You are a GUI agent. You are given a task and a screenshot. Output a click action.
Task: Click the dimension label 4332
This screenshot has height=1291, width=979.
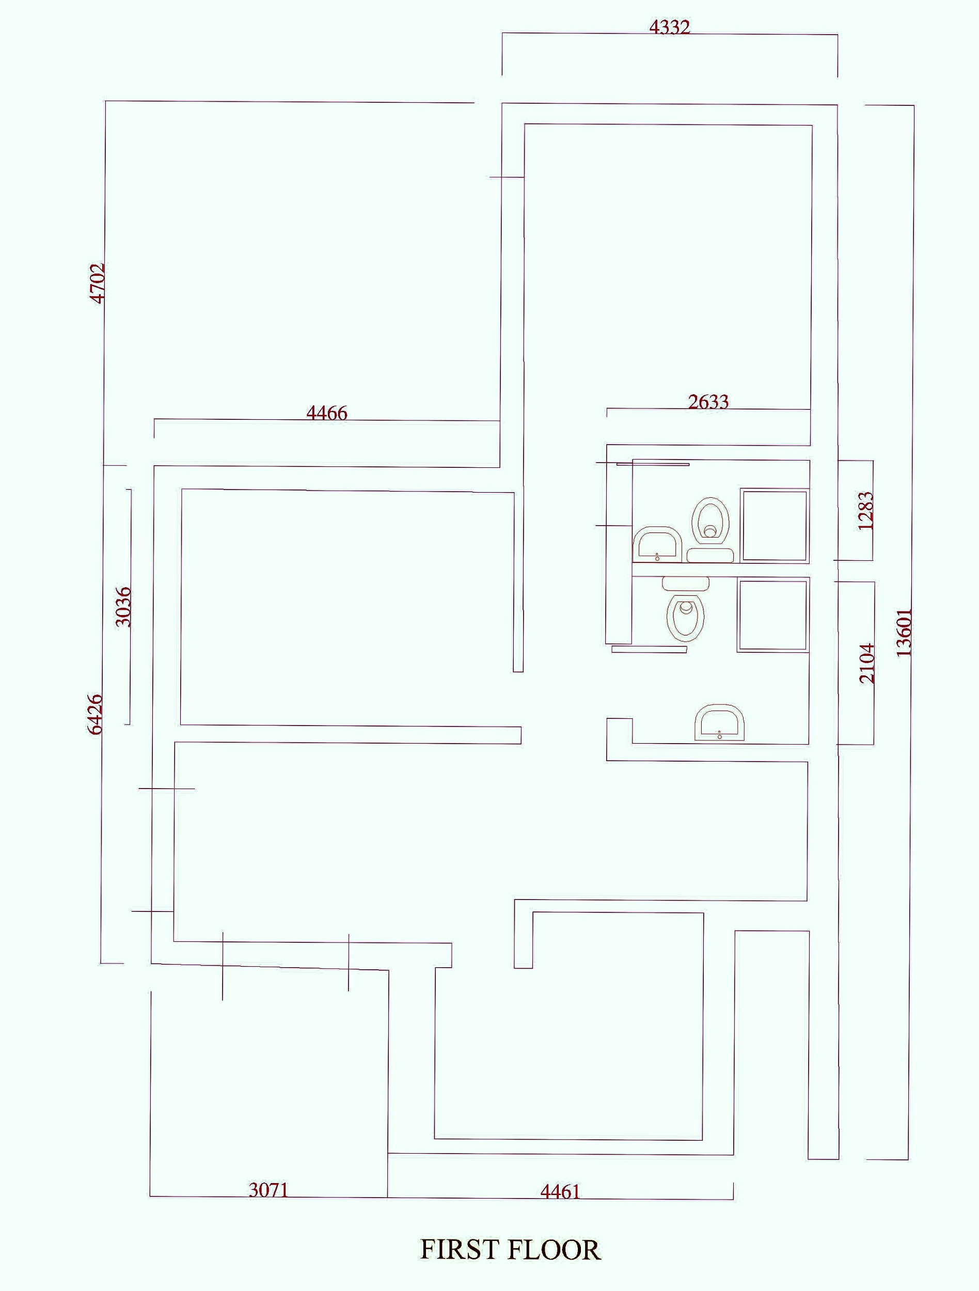pos(669,27)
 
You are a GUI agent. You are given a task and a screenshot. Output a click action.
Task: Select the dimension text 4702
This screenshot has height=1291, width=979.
pos(98,283)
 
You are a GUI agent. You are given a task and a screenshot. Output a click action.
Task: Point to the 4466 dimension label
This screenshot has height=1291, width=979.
pos(327,413)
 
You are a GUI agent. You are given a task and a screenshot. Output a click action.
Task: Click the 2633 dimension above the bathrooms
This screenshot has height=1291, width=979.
pos(708,402)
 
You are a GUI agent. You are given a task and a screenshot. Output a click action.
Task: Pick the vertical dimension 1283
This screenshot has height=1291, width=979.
pos(866,511)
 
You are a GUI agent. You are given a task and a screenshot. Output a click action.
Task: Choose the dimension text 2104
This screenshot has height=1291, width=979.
pos(867,663)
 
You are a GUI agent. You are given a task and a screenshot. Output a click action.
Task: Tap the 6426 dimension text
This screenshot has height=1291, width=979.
pos(94,713)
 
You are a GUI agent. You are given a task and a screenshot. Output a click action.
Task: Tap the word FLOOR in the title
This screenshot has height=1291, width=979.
pos(554,1250)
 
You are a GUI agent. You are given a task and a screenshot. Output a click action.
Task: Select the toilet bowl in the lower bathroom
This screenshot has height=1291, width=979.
pos(686,617)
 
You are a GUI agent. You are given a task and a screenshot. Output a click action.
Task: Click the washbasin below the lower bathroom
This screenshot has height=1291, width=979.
pos(719,722)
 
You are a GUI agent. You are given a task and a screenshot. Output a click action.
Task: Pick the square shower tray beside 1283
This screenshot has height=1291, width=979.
pos(774,525)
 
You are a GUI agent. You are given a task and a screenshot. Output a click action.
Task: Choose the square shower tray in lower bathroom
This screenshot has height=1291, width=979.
pos(772,615)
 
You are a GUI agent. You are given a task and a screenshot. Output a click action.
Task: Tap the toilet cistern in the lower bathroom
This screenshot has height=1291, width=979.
pos(685,582)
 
